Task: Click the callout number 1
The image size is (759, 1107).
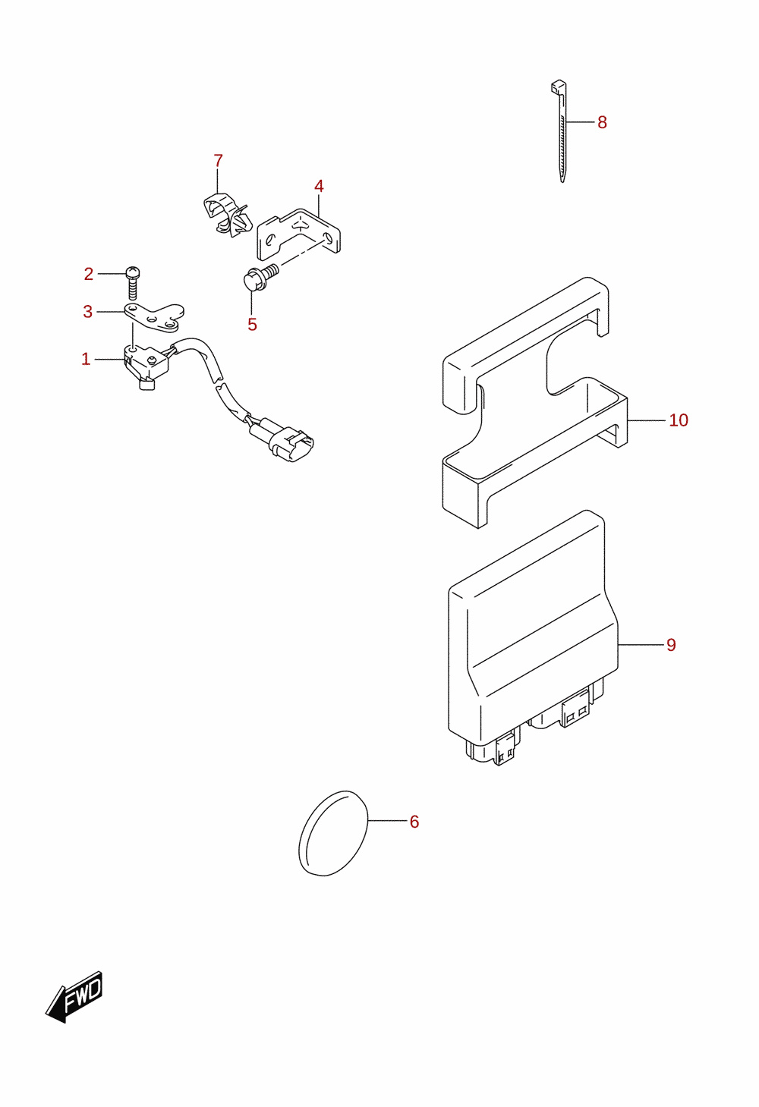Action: point(86,360)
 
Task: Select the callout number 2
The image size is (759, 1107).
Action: point(89,274)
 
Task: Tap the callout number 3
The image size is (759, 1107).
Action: point(87,312)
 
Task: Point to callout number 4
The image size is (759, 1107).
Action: point(319,187)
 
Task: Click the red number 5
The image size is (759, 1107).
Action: point(252,325)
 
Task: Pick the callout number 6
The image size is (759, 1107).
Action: point(414,822)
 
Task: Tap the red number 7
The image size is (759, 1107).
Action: point(218,161)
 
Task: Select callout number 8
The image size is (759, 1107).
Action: point(602,122)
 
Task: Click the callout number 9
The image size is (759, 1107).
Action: point(671,645)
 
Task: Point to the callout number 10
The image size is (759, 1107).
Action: point(679,420)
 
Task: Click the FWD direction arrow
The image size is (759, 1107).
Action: point(74,996)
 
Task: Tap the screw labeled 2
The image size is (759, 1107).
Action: point(133,283)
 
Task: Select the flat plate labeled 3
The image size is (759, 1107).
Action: point(154,316)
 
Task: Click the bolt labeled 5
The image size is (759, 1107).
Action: point(261,278)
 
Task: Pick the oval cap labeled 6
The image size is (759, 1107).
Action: point(333,833)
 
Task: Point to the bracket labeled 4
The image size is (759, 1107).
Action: point(298,234)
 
